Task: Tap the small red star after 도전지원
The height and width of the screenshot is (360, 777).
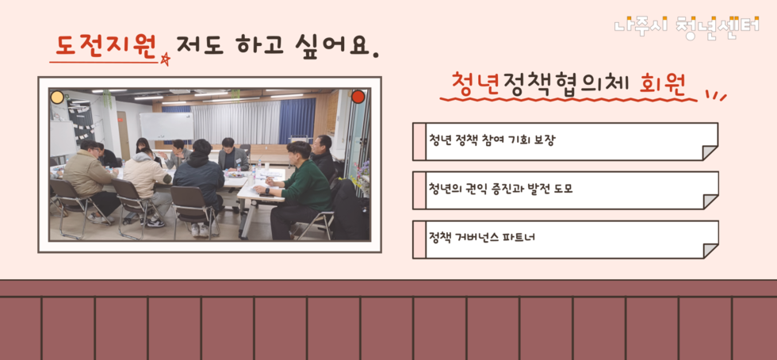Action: tap(165, 59)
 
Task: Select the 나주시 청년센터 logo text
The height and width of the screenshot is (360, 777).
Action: tap(687, 25)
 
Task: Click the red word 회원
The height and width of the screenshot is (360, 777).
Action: tap(663, 82)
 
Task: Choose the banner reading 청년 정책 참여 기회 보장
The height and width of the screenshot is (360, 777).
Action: tap(565, 141)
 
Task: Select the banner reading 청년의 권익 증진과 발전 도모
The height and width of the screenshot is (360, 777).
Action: tap(565, 190)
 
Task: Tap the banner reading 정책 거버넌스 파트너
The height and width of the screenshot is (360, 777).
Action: tap(565, 239)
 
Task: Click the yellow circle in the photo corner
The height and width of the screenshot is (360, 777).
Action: tap(57, 98)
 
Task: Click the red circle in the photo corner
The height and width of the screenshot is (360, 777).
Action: tap(358, 97)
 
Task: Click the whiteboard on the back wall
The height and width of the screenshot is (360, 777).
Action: tap(166, 125)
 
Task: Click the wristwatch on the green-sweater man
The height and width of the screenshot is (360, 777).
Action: tap(267, 190)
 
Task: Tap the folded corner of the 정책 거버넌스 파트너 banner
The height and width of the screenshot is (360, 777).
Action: tap(710, 251)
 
